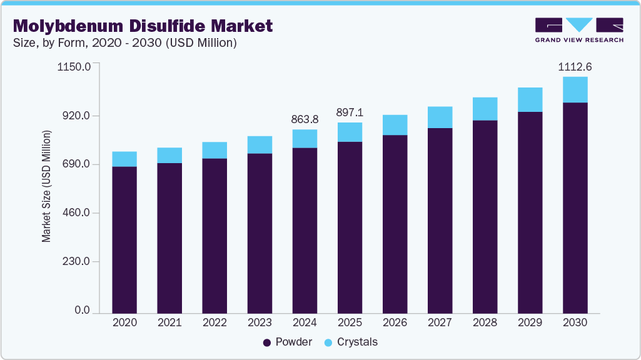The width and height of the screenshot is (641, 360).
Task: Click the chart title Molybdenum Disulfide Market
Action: (x=143, y=26)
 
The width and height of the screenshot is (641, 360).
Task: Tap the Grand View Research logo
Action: (x=578, y=30)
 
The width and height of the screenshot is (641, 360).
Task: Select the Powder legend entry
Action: (x=287, y=342)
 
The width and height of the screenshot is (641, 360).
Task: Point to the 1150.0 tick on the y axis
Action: (x=74, y=66)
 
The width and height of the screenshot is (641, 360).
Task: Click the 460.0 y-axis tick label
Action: (x=76, y=213)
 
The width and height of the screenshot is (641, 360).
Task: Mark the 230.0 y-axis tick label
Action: (x=76, y=262)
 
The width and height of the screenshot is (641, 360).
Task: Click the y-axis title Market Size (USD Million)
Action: (x=46, y=187)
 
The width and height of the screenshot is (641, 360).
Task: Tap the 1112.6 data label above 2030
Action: (x=575, y=67)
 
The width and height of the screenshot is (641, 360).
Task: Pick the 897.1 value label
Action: (x=350, y=112)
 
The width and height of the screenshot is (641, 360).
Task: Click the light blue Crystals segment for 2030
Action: (x=575, y=89)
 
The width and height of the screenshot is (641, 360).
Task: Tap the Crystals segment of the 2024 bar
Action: (x=305, y=139)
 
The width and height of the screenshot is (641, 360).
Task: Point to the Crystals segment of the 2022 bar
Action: (x=215, y=150)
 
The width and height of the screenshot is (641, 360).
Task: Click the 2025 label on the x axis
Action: (x=350, y=322)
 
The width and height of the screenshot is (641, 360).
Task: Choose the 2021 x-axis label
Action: (x=169, y=322)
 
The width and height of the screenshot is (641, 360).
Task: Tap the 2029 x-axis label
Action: (x=530, y=322)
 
